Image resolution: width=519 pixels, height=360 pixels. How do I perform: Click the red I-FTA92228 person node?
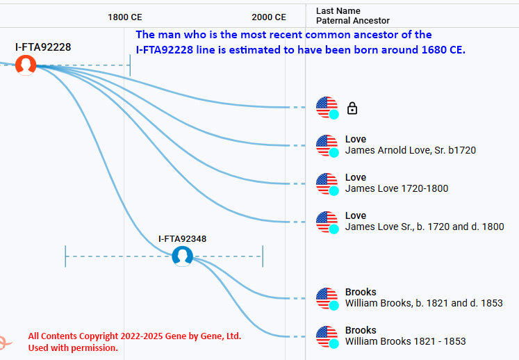coord(26,65)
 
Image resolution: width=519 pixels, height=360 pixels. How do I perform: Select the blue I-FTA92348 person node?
coord(182,256)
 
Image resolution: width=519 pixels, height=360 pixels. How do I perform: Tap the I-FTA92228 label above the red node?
coord(43,47)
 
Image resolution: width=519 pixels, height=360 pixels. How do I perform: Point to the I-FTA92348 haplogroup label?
coord(182,239)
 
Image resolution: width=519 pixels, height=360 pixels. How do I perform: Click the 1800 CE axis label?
coord(125,17)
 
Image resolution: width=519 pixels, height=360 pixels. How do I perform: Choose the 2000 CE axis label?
coord(269,17)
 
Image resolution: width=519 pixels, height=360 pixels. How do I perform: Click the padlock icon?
coord(352,108)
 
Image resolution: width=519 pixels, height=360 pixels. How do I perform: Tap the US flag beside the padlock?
coord(327,108)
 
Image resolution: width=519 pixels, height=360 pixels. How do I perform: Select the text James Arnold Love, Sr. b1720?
coord(411,150)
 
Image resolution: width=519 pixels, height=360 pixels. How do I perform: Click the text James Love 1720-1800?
coord(397,188)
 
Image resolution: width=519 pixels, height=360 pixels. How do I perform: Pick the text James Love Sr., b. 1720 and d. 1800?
coord(425,227)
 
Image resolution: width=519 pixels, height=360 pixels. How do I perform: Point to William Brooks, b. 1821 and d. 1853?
coord(424,303)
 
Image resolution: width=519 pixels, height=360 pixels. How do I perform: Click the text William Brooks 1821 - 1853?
coord(406,341)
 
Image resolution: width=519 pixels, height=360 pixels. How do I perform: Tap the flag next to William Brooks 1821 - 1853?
coord(327,337)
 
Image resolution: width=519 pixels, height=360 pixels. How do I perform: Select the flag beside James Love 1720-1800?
coord(327,183)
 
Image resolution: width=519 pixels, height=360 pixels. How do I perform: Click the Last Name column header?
coord(338,11)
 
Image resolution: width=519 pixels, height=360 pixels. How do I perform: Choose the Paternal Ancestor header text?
coord(353,21)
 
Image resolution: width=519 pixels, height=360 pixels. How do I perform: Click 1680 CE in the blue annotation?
coord(443,49)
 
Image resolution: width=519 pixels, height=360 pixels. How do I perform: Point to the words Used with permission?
coord(73,347)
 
